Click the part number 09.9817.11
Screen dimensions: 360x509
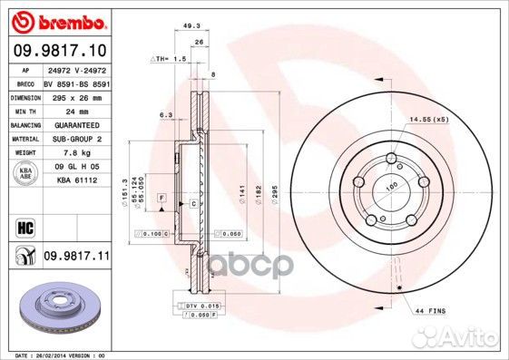[75, 258]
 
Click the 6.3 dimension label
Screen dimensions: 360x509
[166, 115]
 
